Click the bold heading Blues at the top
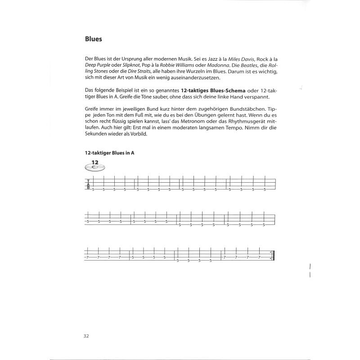click(x=94, y=39)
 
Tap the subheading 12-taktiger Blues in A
click(x=110, y=153)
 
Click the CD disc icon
click(x=94, y=167)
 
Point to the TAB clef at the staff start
click(x=88, y=185)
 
